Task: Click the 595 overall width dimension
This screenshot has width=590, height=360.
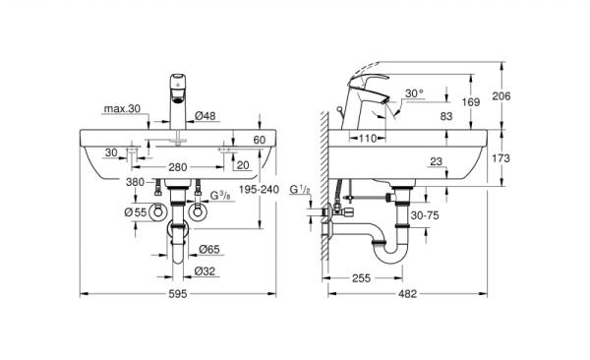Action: (178, 294)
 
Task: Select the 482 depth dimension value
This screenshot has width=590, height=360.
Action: (407, 294)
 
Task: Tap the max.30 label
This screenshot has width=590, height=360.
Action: (122, 109)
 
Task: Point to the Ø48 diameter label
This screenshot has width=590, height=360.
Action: (206, 116)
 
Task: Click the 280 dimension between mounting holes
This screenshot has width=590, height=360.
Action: (178, 167)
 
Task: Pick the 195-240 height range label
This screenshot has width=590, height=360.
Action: (259, 190)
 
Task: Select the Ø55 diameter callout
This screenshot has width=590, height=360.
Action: (136, 212)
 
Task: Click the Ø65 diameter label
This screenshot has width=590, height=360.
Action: (209, 249)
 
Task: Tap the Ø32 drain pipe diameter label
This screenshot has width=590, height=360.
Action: (206, 271)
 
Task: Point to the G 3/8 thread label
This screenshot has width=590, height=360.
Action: (220, 196)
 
